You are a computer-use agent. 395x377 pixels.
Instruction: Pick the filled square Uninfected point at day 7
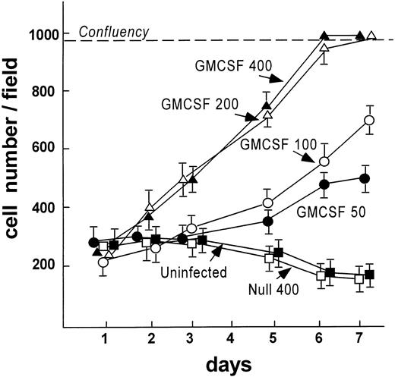tap(370, 274)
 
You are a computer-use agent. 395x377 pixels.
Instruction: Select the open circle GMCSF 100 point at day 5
tap(267, 203)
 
